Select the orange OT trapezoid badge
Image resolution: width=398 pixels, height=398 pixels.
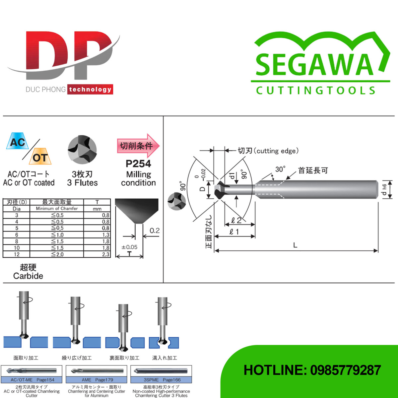(x=40, y=157)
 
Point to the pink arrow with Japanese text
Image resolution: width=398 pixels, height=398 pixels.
(x=138, y=146)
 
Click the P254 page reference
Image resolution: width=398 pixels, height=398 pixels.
(x=138, y=164)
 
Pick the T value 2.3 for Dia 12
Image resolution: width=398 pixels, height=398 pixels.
(x=106, y=254)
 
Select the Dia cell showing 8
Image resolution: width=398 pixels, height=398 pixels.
(x=17, y=241)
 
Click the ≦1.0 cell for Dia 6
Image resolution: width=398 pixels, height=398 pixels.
(x=57, y=235)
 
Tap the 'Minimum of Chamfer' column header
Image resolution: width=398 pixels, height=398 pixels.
(x=57, y=209)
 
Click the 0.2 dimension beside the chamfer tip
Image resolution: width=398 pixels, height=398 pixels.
(x=155, y=231)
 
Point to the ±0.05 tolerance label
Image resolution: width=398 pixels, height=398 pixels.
(x=129, y=247)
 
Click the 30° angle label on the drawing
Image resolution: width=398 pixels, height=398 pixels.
(x=280, y=169)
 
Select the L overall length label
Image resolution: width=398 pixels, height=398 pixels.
(x=295, y=245)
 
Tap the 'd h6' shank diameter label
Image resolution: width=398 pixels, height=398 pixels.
(x=384, y=190)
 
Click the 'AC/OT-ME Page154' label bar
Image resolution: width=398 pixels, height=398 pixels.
(x=32, y=380)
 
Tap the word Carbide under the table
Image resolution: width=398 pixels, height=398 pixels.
(x=28, y=276)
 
